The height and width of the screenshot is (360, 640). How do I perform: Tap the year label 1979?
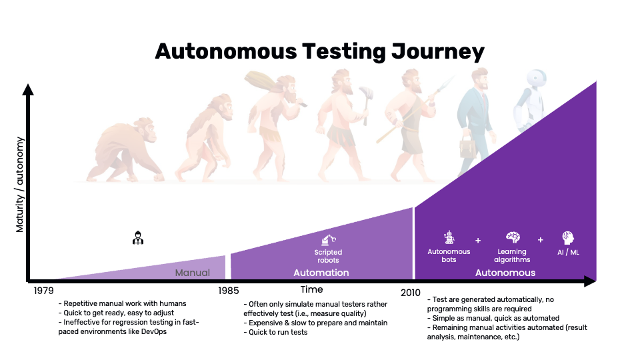tap(44, 291)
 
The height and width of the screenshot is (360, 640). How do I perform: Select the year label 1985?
tap(228, 291)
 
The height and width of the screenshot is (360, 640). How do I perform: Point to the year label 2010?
tap(411, 291)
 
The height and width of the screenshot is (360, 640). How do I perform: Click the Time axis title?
tap(311, 289)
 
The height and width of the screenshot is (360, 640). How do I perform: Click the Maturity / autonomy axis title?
tap(20, 184)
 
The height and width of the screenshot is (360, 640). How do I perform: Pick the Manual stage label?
tap(192, 273)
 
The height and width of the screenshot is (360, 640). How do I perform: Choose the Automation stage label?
tap(321, 273)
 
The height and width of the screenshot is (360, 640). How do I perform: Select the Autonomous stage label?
tap(505, 273)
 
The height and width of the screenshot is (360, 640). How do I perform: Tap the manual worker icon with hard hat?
tap(137, 237)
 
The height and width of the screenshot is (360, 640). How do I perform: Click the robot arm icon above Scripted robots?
tap(329, 239)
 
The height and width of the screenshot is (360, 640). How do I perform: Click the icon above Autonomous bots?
tap(449, 238)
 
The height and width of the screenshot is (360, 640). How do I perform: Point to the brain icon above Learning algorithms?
tap(512, 238)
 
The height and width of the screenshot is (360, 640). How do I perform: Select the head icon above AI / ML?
tap(568, 238)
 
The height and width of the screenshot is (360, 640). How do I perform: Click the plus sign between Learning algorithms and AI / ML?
tap(541, 240)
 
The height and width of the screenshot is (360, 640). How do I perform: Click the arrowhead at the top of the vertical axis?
tap(27, 89)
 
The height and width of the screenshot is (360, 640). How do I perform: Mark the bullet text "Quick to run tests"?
tap(279, 332)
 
